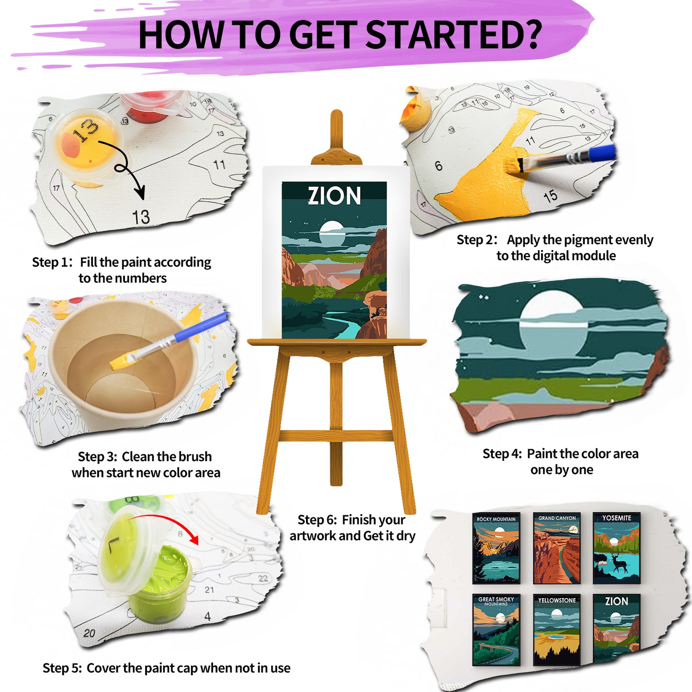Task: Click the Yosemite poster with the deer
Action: pos(616,548)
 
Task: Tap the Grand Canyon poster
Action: pos(556,548)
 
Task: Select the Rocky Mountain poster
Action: pos(496,548)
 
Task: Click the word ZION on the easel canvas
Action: pos(334,196)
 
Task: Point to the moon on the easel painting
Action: pos(332,233)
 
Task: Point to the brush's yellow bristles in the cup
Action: pos(120,361)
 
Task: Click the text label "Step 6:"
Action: pos(317,520)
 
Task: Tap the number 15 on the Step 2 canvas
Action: pos(550,196)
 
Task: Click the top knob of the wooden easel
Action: pos(336,118)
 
